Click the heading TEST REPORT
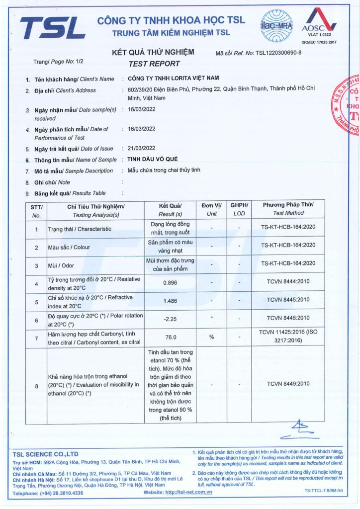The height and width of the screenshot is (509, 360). pyautogui.click(x=154, y=64)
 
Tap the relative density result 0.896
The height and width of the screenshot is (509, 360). pyautogui.click(x=171, y=282)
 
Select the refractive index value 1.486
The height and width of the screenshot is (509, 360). pyautogui.click(x=171, y=300)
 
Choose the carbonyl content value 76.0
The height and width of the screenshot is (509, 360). pyautogui.click(x=171, y=337)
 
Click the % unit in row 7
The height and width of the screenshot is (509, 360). pyautogui.click(x=211, y=337)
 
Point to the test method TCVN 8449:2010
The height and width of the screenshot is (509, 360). pyautogui.click(x=288, y=384)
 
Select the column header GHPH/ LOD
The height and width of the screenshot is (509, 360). pyautogui.click(x=239, y=209)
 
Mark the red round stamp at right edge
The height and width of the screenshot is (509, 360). pyautogui.click(x=348, y=104)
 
